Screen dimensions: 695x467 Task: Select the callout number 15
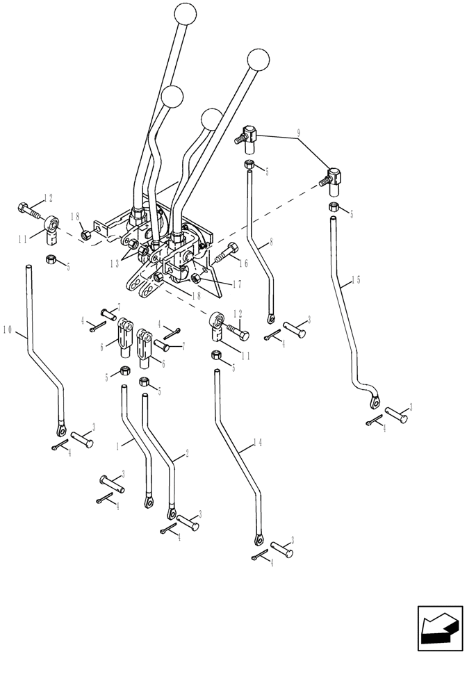pyautogui.click(x=355, y=279)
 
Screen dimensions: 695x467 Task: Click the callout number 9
pyautogui.click(x=298, y=132)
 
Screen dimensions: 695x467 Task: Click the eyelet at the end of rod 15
pyautogui.click(x=375, y=400)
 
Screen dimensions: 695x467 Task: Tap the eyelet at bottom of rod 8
pyautogui.click(x=270, y=319)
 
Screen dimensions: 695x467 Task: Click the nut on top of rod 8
pyautogui.click(x=248, y=165)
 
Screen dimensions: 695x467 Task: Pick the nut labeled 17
pyautogui.click(x=197, y=279)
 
